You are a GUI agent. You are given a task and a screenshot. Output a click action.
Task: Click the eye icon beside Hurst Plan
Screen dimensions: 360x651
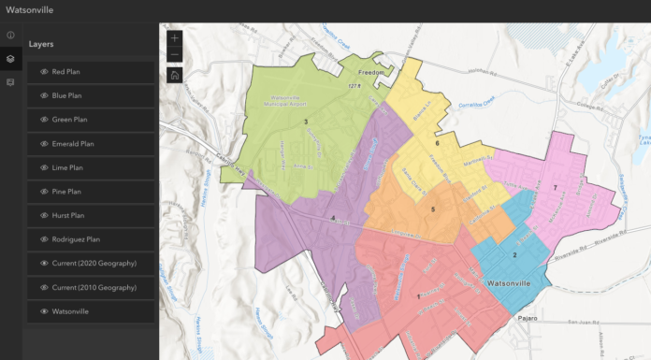point(43,215)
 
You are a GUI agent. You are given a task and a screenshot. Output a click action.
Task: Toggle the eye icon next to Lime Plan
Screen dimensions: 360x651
point(43,167)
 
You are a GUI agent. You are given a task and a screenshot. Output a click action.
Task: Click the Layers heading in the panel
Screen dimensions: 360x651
point(41,44)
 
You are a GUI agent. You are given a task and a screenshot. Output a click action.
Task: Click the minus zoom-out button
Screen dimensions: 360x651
point(175,56)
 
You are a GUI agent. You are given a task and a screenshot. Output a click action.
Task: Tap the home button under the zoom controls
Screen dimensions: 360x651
point(175,75)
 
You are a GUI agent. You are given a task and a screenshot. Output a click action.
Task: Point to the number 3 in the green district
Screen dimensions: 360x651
point(305,122)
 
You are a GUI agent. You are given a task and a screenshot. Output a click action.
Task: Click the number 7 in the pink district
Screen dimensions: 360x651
point(555,188)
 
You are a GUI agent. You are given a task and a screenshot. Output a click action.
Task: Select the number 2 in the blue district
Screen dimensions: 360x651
point(514,254)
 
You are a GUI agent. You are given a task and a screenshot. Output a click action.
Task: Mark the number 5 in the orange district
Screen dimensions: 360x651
point(433,209)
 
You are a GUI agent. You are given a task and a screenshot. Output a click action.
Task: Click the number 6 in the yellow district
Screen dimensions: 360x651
point(437,143)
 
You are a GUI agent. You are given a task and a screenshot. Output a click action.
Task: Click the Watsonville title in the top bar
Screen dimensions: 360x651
point(30,10)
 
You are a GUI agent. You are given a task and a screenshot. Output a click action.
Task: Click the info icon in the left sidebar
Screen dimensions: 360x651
point(10,35)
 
